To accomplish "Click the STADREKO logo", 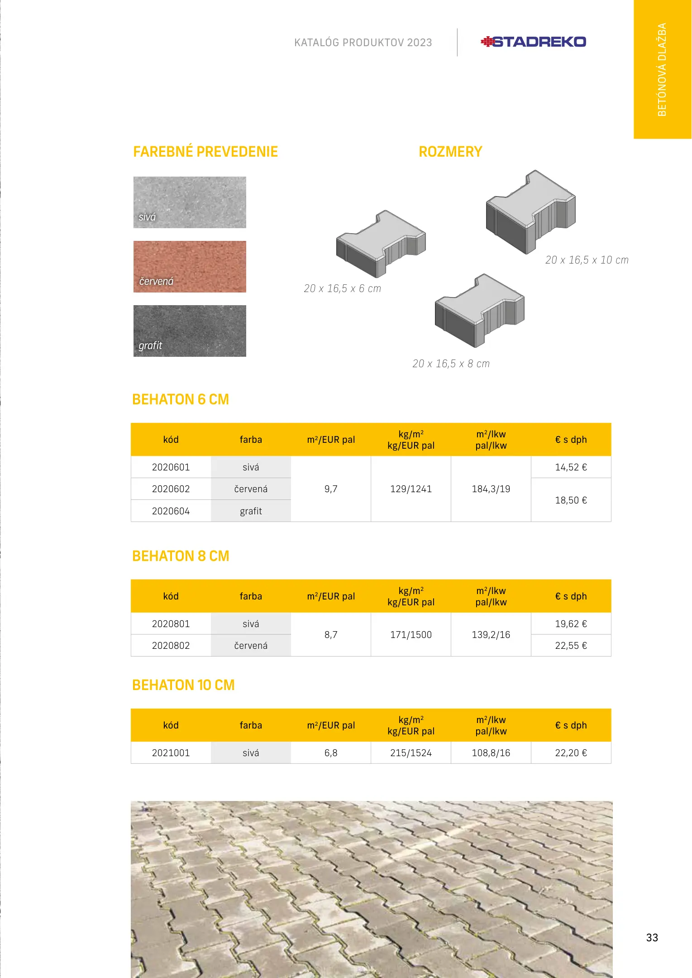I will point(533,42).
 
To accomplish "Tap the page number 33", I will point(652,938).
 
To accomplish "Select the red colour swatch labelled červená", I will point(190,266).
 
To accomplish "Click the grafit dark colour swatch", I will point(190,331).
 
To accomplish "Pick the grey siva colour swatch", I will point(190,202).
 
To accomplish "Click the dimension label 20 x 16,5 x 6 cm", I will point(343,288).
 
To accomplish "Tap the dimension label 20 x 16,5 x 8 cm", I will point(451,364).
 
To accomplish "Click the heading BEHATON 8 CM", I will point(181,556).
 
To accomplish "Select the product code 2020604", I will point(171,511).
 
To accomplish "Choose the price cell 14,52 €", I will point(571,467).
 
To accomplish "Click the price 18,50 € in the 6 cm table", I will point(571,500).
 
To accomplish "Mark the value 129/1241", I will point(411,489).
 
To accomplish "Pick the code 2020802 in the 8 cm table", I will point(171,646).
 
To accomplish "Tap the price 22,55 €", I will point(571,646).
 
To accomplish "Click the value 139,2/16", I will point(491,635).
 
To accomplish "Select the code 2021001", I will point(171,753).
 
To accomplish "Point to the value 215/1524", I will point(411,753).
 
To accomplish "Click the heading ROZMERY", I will point(450,152).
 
